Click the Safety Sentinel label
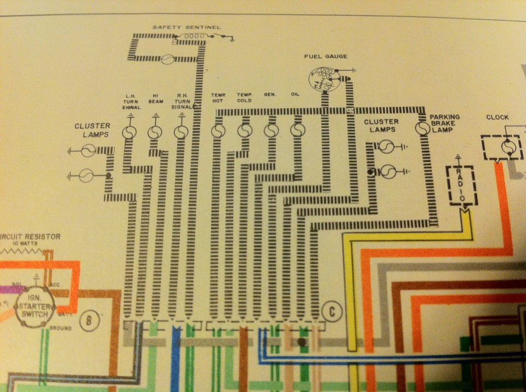click(x=186, y=27)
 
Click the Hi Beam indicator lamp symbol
click(x=155, y=133)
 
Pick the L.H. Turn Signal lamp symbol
click(x=129, y=133)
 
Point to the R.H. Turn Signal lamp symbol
click(x=180, y=133)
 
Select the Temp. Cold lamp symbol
click(x=245, y=131)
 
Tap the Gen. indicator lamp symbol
click(x=270, y=131)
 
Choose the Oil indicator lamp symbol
click(x=296, y=131)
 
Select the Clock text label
click(x=497, y=117)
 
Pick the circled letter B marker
click(x=89, y=322)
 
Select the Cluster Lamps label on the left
click(x=93, y=130)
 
